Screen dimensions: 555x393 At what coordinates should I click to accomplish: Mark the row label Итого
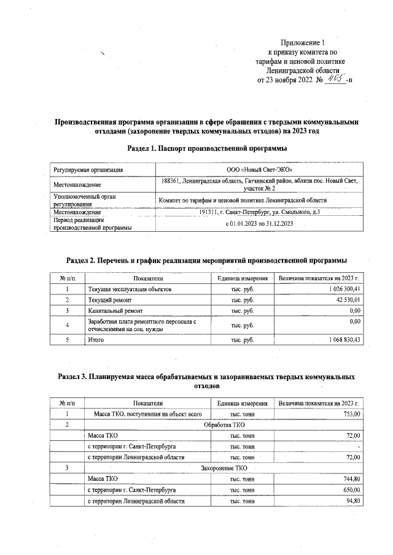96,339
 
